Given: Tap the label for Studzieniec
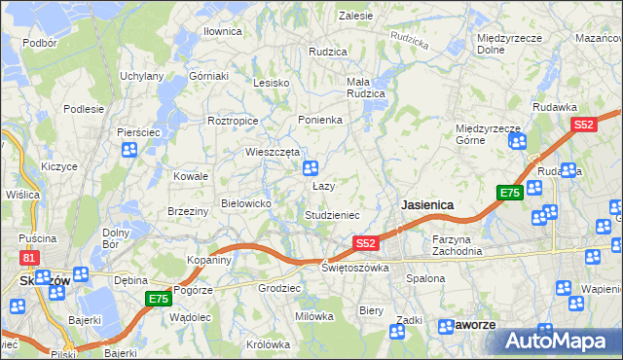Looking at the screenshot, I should click(x=333, y=215).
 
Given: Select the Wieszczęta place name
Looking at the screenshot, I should click(x=272, y=152).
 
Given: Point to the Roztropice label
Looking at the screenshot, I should click(x=232, y=121).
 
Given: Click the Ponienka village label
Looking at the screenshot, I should click(x=319, y=120).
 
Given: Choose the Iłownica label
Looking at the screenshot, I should click(x=222, y=31).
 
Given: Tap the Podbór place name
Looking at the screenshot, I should click(x=39, y=44).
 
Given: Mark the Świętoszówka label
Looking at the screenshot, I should click(x=356, y=267).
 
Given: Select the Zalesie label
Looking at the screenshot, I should click(x=355, y=16).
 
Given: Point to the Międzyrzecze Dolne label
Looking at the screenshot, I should click(x=503, y=43).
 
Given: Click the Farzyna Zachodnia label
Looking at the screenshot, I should click(x=458, y=245).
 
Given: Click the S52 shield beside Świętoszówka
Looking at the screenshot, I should click(x=365, y=242).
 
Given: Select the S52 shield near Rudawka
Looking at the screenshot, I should click(x=583, y=125).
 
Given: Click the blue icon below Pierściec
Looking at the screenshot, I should click(x=128, y=150).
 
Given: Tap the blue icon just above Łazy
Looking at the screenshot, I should click(x=311, y=168).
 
